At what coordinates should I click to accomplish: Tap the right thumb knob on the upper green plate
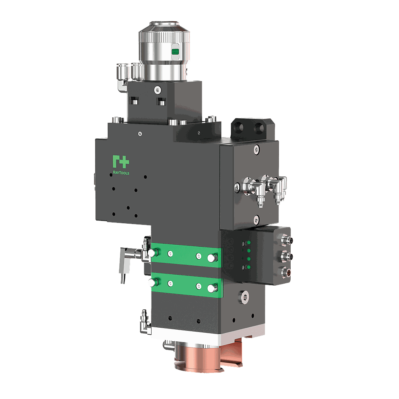212,258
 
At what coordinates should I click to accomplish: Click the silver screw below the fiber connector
157,89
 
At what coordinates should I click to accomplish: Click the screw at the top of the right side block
256,148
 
